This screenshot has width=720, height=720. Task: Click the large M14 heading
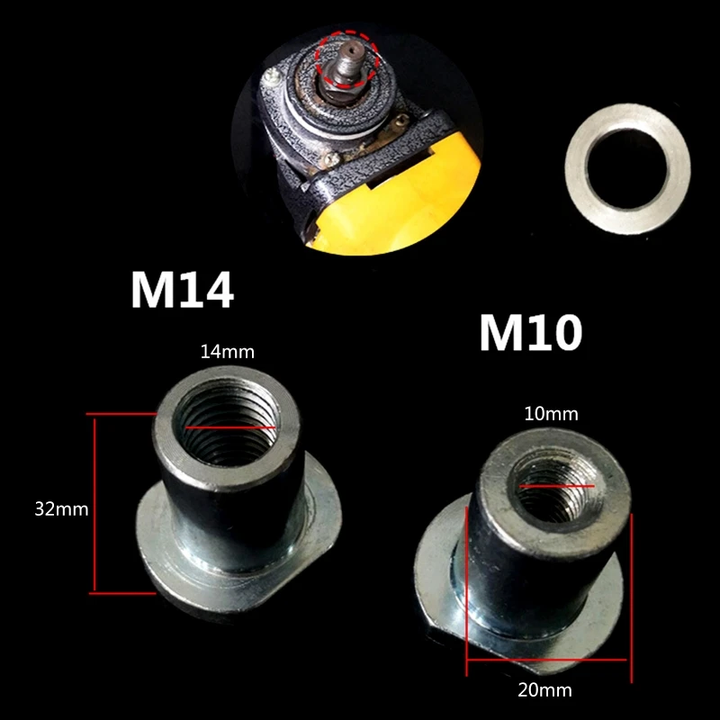pos(183,290)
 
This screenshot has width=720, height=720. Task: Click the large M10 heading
pos(531,332)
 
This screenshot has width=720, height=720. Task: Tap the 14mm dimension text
pos(228,352)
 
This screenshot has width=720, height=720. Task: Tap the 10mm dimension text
pos(551,414)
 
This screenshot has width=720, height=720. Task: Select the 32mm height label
pos(61,508)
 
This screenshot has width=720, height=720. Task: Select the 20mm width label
pos(545,690)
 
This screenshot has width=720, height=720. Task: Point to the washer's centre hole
pos(627,169)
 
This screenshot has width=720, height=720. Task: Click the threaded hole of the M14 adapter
pos(227,425)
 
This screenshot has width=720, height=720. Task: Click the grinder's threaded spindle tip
pos(351,49)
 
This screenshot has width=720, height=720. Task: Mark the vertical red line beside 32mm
pos(94,504)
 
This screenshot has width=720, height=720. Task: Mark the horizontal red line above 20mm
pos(546,661)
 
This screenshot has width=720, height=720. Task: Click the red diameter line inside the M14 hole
pos(229,427)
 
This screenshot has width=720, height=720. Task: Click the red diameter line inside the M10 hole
pos(556,485)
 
